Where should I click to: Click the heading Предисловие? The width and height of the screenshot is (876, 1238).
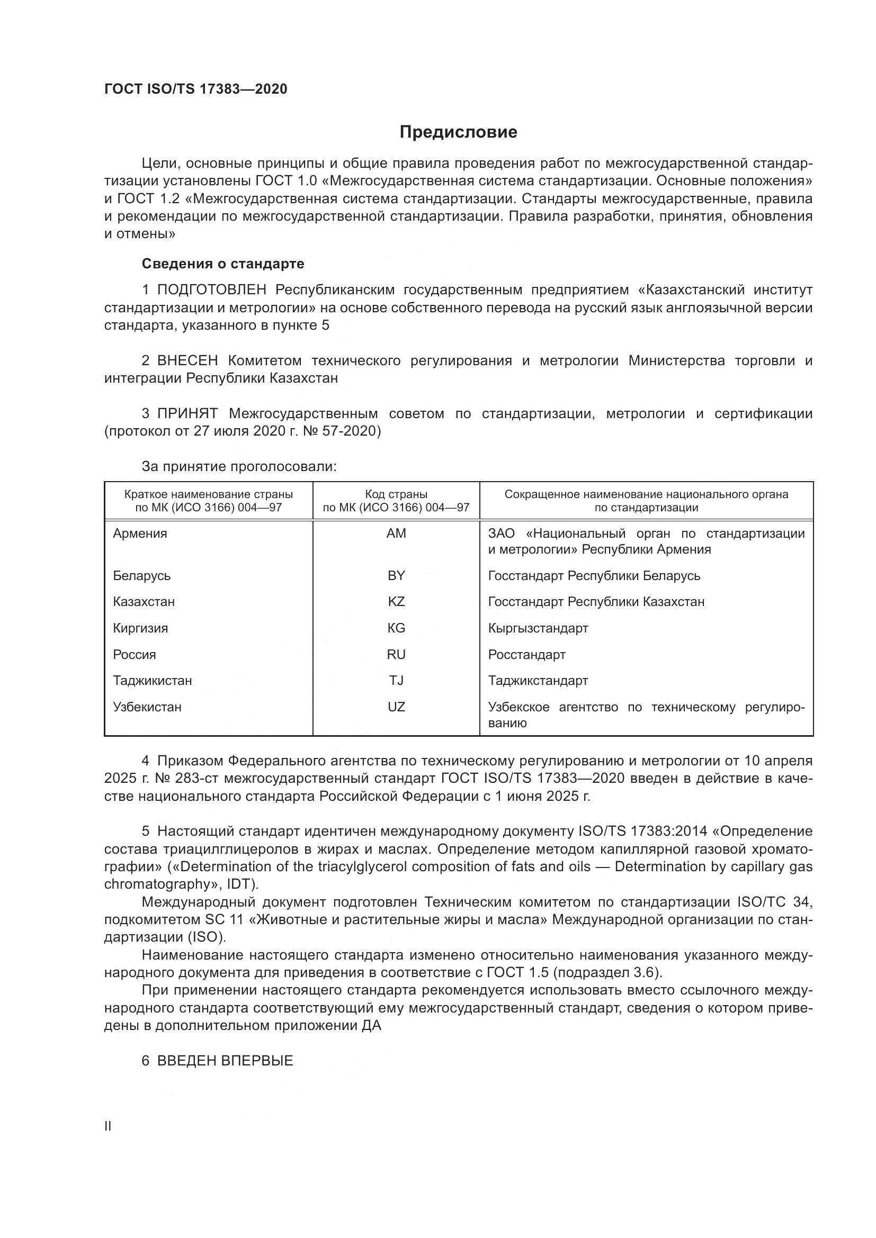[x=458, y=132]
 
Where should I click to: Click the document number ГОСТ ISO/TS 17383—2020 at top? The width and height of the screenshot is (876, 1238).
[x=196, y=89]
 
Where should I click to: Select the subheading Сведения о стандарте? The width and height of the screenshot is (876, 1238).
[x=223, y=264]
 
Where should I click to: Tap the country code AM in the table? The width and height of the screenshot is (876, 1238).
[x=396, y=534]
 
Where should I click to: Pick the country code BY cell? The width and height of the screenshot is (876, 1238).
[x=396, y=575]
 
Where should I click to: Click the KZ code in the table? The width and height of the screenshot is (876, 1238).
[x=396, y=601]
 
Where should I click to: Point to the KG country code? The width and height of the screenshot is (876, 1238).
[x=396, y=628]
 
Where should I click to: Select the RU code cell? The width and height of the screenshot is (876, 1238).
[x=396, y=654]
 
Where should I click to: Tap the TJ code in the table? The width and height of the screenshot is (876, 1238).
[x=396, y=680]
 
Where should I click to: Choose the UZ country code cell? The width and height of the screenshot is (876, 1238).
[x=396, y=707]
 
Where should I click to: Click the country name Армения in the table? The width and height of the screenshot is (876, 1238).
[x=140, y=534]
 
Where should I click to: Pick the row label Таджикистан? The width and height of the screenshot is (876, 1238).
[x=152, y=680]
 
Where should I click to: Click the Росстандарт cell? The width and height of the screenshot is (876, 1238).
[x=526, y=655]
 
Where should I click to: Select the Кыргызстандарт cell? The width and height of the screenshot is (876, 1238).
[x=538, y=628]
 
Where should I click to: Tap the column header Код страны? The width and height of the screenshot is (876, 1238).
[x=396, y=494]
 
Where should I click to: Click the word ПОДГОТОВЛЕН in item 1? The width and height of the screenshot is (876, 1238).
[x=211, y=290]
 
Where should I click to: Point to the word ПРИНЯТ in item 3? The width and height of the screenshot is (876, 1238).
[x=187, y=413]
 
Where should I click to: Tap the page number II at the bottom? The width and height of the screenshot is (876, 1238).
[x=108, y=1126]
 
